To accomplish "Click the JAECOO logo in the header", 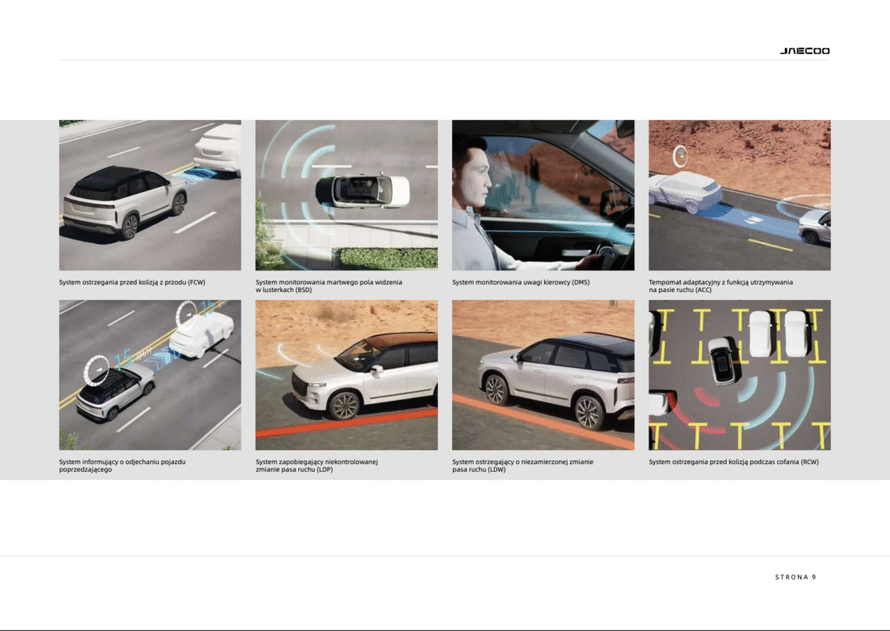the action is [804, 51].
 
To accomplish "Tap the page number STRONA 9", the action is [795, 577].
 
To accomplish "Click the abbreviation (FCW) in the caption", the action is [196, 282].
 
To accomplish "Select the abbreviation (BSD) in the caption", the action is [302, 290].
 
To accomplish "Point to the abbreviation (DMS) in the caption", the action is [581, 282].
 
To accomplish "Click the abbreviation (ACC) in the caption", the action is [703, 290].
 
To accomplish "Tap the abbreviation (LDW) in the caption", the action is [495, 470].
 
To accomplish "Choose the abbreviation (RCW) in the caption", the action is [809, 462].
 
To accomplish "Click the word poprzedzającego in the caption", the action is [86, 470].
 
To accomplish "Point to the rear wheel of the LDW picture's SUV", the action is [588, 412].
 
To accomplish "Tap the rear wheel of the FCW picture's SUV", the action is [130, 226].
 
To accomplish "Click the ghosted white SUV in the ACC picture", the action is [686, 190].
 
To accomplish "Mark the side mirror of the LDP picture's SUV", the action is [375, 370].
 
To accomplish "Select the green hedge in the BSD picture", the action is [389, 258].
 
